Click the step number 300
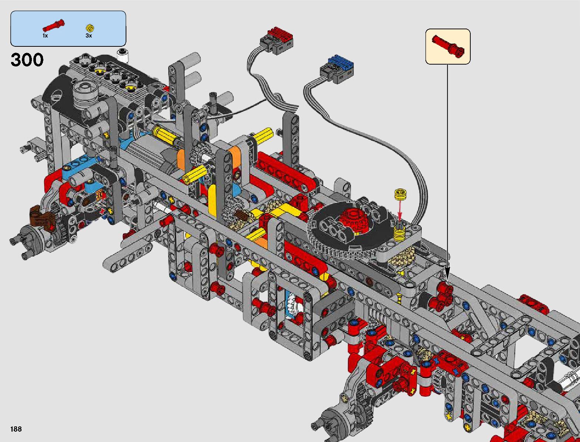tap(27, 60)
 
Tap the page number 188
tap(16, 429)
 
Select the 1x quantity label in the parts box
tap(45, 36)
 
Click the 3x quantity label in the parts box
tap(89, 36)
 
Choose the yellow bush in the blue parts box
tap(90, 28)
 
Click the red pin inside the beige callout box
tap(448, 46)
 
